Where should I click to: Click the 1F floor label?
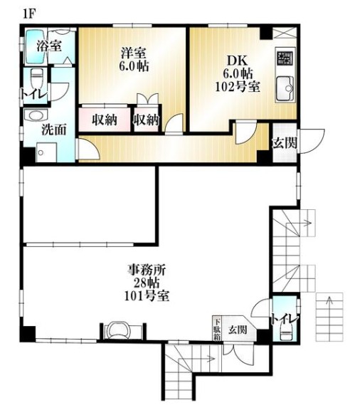coord(28,14)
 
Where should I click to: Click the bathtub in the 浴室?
coord(36,47)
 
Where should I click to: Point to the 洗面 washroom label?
coord(54,130)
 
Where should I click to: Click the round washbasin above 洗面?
coord(36,115)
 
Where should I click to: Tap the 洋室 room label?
coord(133,53)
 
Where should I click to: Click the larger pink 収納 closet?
coord(105,120)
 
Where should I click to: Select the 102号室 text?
coord(238,87)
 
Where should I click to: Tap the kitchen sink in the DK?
coord(285,88)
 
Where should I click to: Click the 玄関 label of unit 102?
coord(285,143)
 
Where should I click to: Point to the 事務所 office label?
coord(147,270)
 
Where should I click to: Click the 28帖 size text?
coord(147,283)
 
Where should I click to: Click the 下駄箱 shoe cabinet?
coord(217,328)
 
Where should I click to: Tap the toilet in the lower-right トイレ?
coord(285,332)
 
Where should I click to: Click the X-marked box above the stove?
coord(285,33)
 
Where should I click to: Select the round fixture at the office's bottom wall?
coord(118,330)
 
